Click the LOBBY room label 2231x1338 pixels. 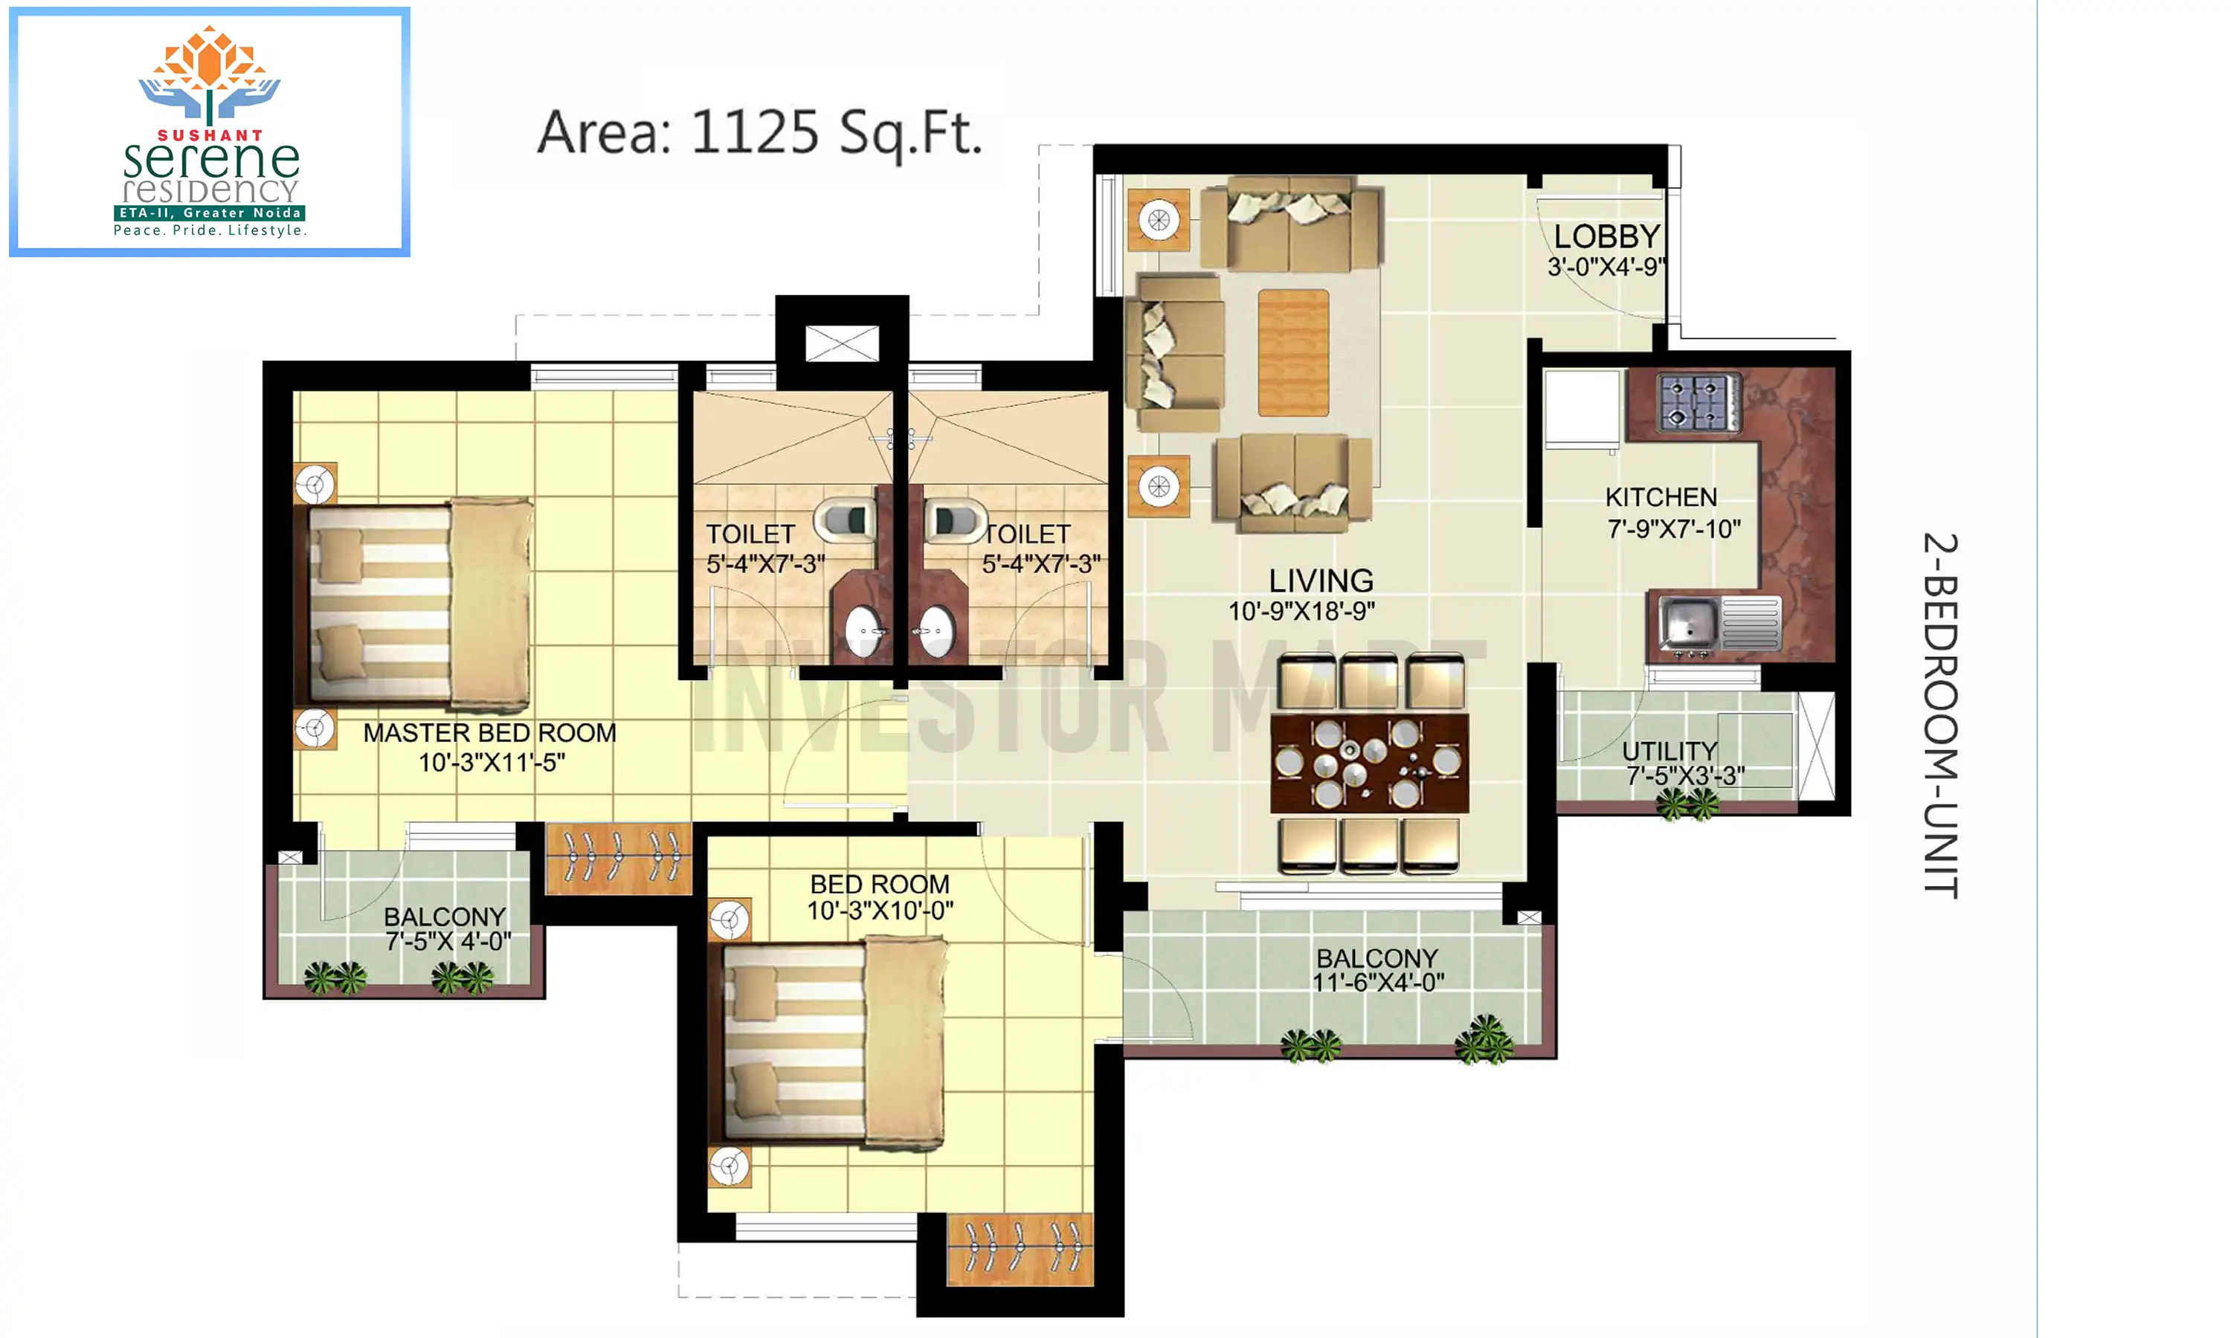pyautogui.click(x=1607, y=236)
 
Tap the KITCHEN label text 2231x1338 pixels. pyautogui.click(x=1661, y=497)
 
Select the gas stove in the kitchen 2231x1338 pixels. pyautogui.click(x=1698, y=402)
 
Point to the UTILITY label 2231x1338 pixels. pyautogui.click(x=1670, y=750)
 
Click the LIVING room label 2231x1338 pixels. pyautogui.click(x=1321, y=581)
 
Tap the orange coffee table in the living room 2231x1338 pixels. pyautogui.click(x=1293, y=352)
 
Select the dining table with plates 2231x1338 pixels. pyautogui.click(x=1369, y=763)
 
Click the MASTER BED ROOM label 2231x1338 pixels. pyautogui.click(x=489, y=733)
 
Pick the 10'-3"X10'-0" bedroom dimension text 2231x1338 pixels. pyautogui.click(x=881, y=911)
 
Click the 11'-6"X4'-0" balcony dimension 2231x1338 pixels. pyautogui.click(x=1378, y=982)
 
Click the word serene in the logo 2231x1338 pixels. pyautogui.click(x=211, y=161)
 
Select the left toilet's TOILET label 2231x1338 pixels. pyautogui.click(x=750, y=534)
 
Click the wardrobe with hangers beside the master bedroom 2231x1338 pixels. pyautogui.click(x=619, y=859)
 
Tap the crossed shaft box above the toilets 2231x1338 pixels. pyautogui.click(x=841, y=343)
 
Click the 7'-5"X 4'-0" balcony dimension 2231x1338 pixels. pyautogui.click(x=448, y=941)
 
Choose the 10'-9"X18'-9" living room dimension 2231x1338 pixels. pyautogui.click(x=1301, y=611)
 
